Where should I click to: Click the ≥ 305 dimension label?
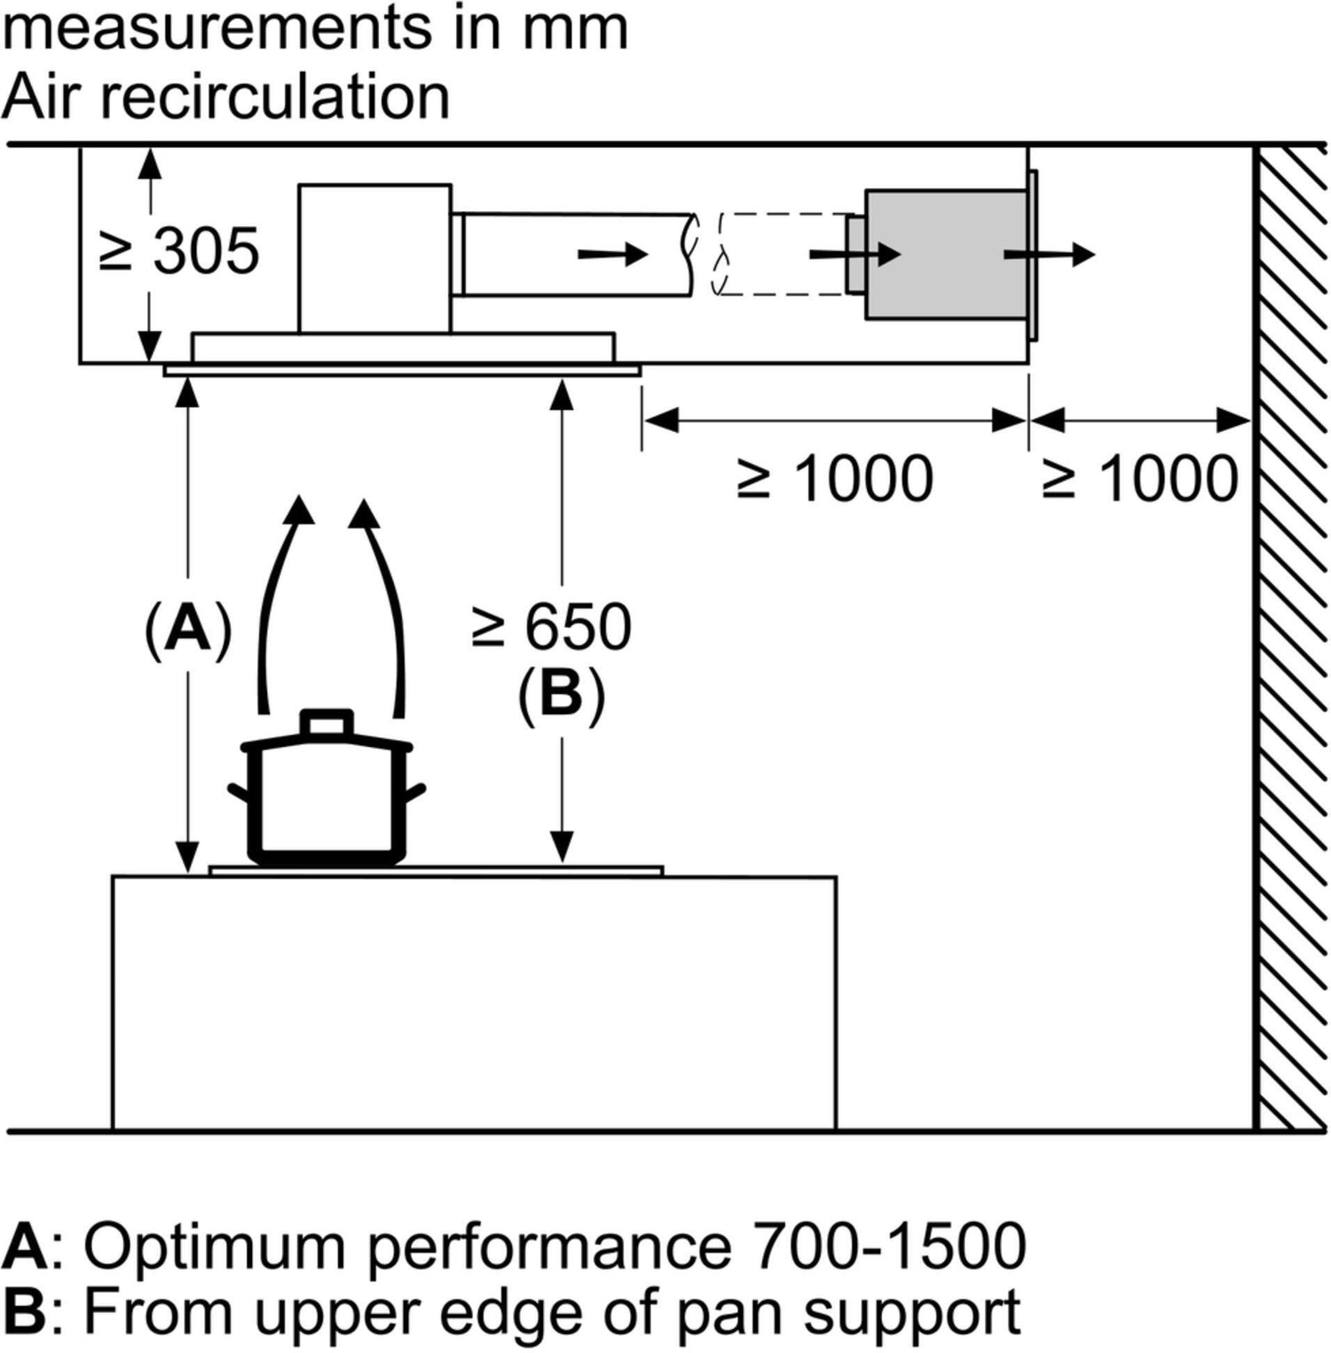coord(181,251)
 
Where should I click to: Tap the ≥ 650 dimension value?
coord(552,627)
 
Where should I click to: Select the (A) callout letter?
coord(188,628)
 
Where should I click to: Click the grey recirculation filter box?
coord(945,254)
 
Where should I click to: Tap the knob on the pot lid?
coord(327,722)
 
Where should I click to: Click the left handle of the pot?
coord(238,791)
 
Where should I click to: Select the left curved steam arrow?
coord(278,603)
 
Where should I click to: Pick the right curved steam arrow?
coord(383,603)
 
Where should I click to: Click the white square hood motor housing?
coord(374,257)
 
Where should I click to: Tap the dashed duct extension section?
coord(781,254)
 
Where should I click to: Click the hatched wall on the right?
coord(1291,639)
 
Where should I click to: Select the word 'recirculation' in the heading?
coord(275,97)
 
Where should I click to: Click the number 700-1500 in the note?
coord(889,1246)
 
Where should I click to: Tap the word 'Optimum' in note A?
coord(213,1247)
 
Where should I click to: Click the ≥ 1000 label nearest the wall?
coord(1140,479)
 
